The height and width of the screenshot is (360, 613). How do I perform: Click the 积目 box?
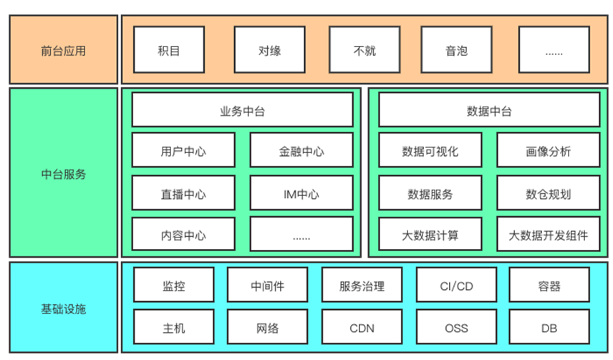(x=169, y=50)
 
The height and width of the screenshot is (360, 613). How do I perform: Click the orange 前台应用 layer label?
(x=64, y=50)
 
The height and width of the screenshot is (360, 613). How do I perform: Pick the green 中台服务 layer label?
(x=64, y=172)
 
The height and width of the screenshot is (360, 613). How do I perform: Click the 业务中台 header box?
(x=242, y=110)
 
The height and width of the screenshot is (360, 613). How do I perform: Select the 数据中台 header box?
(x=489, y=110)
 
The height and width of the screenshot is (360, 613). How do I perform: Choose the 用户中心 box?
(x=183, y=151)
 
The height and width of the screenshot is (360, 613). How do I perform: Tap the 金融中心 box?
(x=301, y=151)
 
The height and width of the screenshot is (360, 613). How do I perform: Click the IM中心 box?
(x=301, y=193)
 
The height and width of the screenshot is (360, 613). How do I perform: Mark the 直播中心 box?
(x=183, y=193)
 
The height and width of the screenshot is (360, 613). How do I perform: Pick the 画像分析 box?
(x=548, y=151)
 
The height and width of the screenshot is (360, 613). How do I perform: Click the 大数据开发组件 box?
(x=548, y=235)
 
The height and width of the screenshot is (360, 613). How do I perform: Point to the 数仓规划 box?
(x=548, y=193)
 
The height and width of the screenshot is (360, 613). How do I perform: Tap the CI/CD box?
(x=456, y=286)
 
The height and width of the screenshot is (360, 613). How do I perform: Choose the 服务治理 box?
(x=362, y=286)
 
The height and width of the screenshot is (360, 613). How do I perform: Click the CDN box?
(x=362, y=328)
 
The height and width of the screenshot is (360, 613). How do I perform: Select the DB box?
(x=549, y=328)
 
